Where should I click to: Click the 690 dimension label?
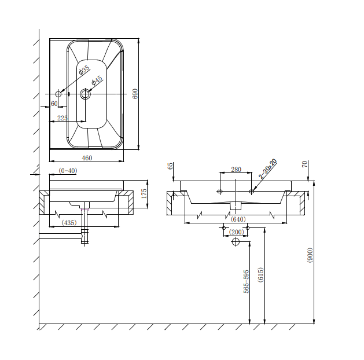(x=135, y=94)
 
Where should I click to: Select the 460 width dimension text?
(x=87, y=158)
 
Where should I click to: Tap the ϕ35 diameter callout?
(x=84, y=70)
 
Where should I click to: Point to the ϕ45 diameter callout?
(x=97, y=80)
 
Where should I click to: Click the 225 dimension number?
(x=62, y=118)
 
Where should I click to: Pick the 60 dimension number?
(x=54, y=104)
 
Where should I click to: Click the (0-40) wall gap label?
(x=68, y=171)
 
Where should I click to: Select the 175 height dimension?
(x=144, y=193)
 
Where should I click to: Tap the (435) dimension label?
(x=69, y=223)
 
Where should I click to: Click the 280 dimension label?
(x=236, y=170)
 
